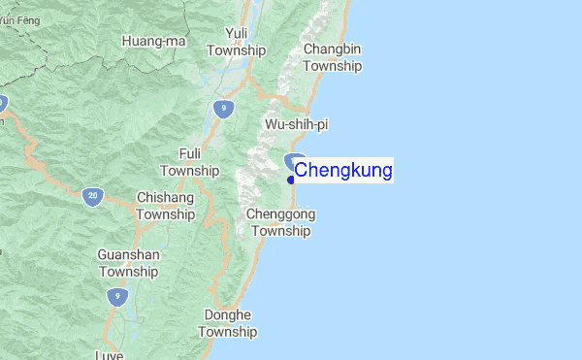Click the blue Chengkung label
tap(343, 171)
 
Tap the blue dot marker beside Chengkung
tap(291, 180)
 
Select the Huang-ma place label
tap(154, 41)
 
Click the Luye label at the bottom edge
tap(110, 355)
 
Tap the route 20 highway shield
tap(92, 195)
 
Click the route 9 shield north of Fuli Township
tap(224, 109)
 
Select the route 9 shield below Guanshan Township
tap(116, 297)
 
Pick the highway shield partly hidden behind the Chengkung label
tap(295, 160)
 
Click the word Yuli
tap(236, 33)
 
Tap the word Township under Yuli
tap(236, 49)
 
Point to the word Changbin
tap(333, 49)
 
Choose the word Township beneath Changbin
tap(333, 66)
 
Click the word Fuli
tap(189, 153)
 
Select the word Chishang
tap(165, 197)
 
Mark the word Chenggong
tap(281, 213)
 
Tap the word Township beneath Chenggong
tap(281, 231)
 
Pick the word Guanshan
tap(128, 255)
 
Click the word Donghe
tap(228, 315)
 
